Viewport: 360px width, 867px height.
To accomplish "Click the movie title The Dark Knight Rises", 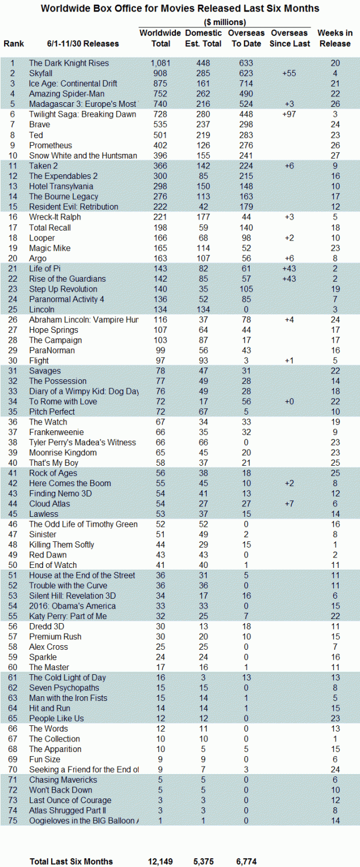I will click(69, 63).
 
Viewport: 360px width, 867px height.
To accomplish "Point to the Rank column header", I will click(13, 44).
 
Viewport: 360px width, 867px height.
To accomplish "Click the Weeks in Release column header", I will click(334, 38).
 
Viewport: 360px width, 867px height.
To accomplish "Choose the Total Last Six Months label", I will click(71, 861).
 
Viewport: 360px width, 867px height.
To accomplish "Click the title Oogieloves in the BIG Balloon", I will click(84, 821).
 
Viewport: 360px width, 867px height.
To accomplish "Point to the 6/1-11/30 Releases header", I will click(83, 44).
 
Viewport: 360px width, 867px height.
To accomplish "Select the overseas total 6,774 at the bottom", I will click(243, 861).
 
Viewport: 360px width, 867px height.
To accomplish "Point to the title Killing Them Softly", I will click(62, 545).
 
